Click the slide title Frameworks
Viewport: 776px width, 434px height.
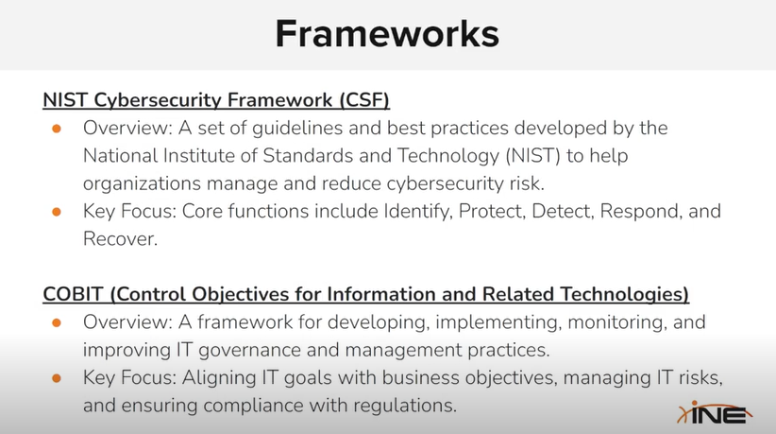tap(387, 34)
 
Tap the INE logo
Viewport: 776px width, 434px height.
tap(715, 412)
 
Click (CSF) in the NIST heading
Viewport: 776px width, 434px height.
tap(364, 100)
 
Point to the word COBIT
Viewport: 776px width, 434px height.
tap(73, 294)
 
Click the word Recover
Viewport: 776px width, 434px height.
tap(120, 239)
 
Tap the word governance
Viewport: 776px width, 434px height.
tap(249, 351)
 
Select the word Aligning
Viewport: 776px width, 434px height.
tap(219, 378)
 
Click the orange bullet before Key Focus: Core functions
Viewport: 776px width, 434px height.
tap(57, 212)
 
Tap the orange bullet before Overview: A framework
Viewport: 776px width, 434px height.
tap(57, 323)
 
